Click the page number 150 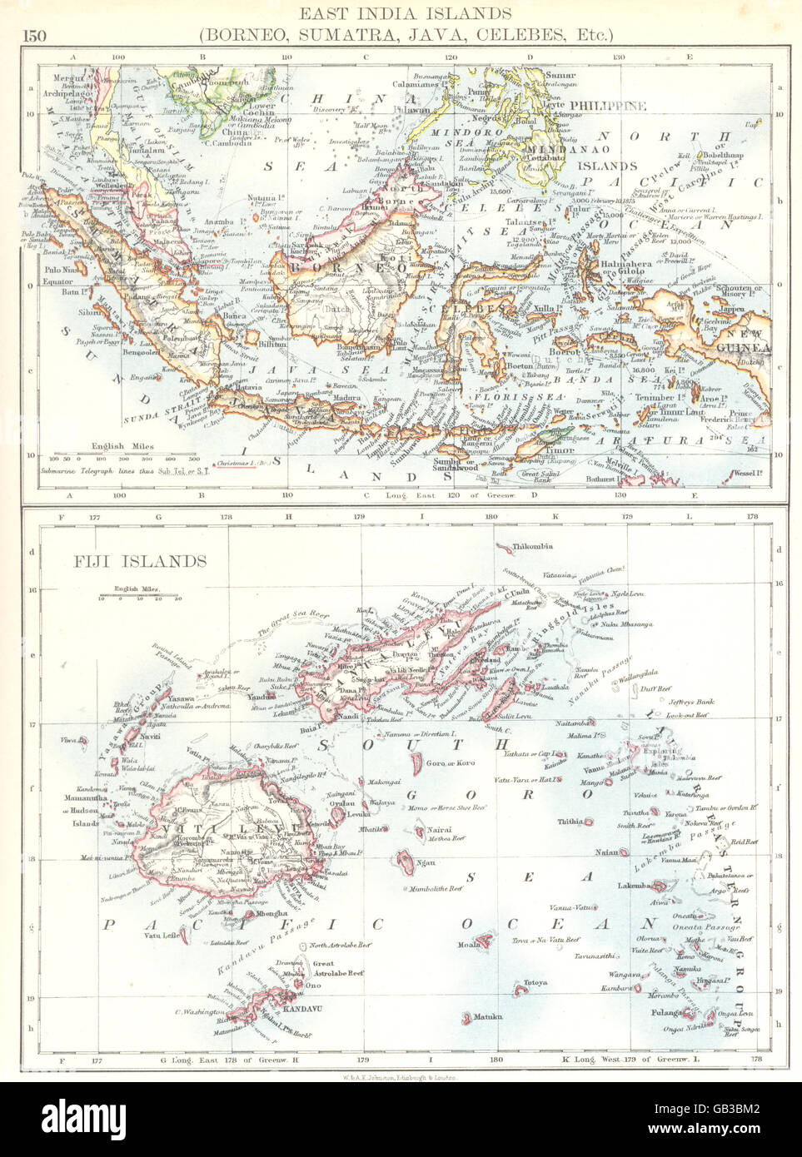click(35, 35)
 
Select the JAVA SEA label click(293, 369)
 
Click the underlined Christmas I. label click(241, 463)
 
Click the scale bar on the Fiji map click(138, 596)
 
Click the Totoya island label click(535, 983)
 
